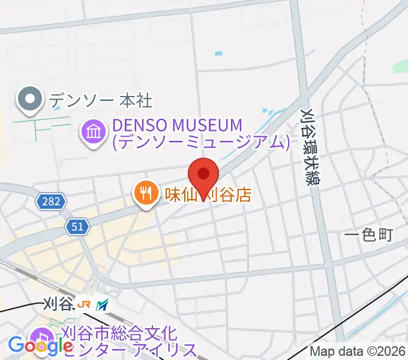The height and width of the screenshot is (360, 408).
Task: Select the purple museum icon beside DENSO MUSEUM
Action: [94, 133]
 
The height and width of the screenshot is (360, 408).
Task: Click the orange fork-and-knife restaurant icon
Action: [145, 194]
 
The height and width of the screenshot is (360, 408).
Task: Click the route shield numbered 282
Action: [50, 202]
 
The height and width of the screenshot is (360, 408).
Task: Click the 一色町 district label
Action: [368, 235]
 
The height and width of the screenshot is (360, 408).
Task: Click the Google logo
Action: [41, 346]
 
